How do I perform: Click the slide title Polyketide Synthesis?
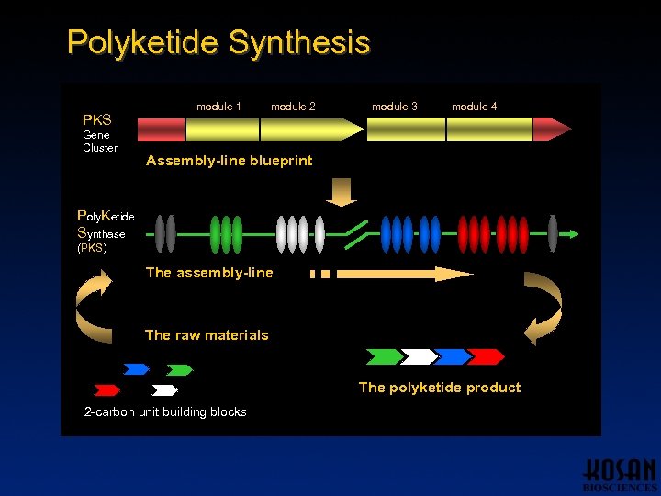pos(218,42)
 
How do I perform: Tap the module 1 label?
pos(218,107)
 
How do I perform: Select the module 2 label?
pos(293,107)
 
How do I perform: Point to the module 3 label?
pos(395,107)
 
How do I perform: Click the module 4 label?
pos(475,107)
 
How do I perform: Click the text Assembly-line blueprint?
pos(229,161)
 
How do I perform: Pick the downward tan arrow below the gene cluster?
pos(343,191)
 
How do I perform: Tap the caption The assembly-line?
pos(209,272)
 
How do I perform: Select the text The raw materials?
pos(207,335)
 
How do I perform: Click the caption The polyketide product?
pos(439,388)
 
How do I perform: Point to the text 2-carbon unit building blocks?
pos(165,412)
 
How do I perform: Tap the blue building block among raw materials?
pos(136,369)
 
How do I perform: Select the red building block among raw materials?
pos(107,390)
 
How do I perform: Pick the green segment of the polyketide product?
pos(384,356)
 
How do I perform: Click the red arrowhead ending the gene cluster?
pos(552,130)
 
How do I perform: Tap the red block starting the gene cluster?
pos(161,130)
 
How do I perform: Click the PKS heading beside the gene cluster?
pos(97,120)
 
